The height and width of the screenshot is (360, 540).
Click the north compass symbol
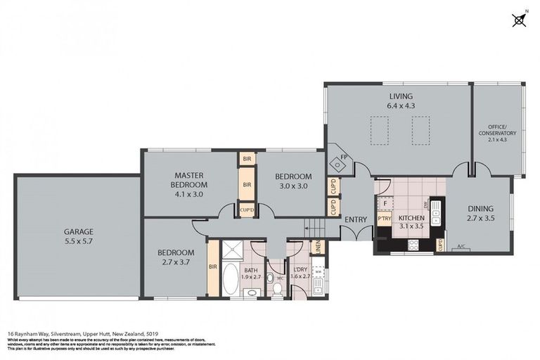click(x=519, y=19)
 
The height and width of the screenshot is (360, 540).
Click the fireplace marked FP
click(x=340, y=164)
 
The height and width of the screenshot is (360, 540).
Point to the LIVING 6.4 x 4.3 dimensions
click(x=401, y=105)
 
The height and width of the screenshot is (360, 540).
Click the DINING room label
click(x=480, y=209)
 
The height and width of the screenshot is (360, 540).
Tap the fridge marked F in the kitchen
click(x=385, y=202)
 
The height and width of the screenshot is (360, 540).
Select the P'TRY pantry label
click(x=384, y=219)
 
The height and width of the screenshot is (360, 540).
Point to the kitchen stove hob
click(x=413, y=244)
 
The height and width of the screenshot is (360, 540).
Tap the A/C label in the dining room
click(x=462, y=246)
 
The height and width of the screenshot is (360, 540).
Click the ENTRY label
click(x=356, y=219)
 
